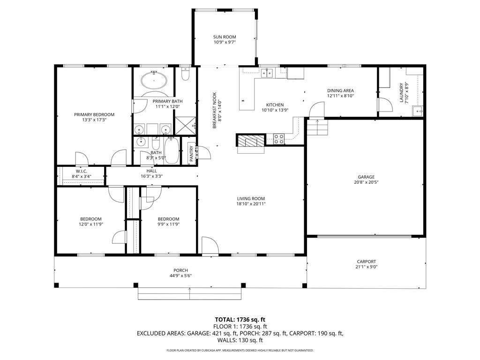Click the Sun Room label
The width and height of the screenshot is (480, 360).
[225, 37]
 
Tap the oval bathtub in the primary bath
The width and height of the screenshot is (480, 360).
[154, 80]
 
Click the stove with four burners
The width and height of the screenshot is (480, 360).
[278, 139]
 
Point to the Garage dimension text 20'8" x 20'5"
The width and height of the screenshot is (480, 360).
[366, 182]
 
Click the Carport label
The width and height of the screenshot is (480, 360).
[367, 262]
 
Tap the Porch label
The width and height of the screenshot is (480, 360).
[180, 270]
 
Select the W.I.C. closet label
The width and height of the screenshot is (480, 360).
[82, 172]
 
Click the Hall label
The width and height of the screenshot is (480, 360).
[151, 171]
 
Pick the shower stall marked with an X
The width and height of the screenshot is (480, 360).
[185, 126]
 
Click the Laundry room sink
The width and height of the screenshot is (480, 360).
[417, 111]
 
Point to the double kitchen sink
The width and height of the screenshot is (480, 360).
[267, 73]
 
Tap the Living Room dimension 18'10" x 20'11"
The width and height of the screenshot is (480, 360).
[251, 204]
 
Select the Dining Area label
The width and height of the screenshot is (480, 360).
[340, 90]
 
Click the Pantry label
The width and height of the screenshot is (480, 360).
[191, 154]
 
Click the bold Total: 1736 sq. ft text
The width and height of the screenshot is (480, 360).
[240, 320]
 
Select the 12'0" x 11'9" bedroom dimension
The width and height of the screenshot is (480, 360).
[90, 224]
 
